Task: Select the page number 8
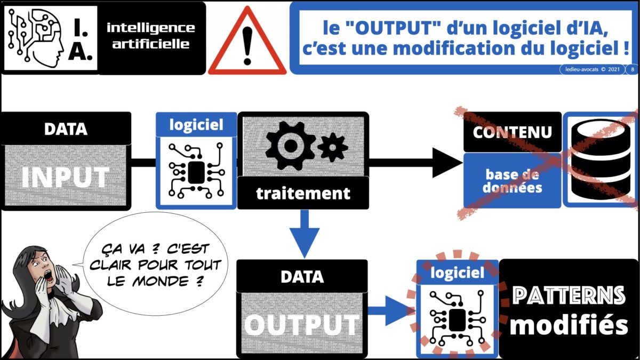pos(633,69)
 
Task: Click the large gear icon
pos(290,146)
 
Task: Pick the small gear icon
pos(333,147)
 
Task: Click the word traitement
pos(303,194)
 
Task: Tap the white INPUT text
pos(66,177)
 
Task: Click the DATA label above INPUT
pos(66,129)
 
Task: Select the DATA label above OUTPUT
pos(302,277)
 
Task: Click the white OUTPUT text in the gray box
pos(302,325)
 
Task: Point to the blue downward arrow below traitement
pos(305,234)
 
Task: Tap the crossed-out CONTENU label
pos(513,132)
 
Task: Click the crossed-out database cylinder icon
pos(601,159)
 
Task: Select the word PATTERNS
pos(569,295)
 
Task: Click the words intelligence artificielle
pos(151,36)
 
